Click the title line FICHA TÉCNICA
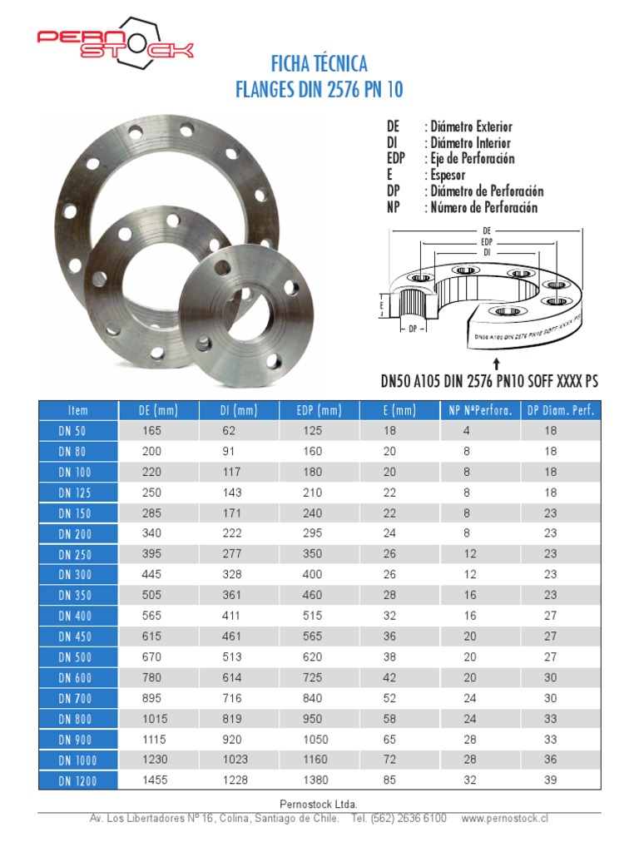319,64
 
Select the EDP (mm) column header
319,410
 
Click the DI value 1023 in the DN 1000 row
236,760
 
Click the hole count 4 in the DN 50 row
467,431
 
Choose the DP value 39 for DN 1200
551,780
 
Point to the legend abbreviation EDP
397,159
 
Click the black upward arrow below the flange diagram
497,364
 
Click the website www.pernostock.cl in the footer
504,819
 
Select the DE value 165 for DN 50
151,431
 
